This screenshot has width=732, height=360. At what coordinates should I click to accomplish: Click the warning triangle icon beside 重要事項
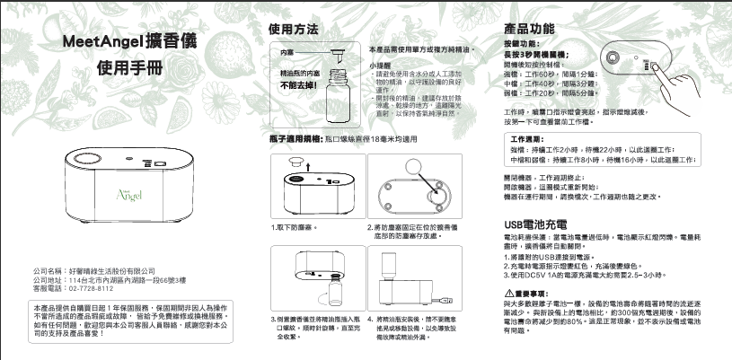point(508,293)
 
